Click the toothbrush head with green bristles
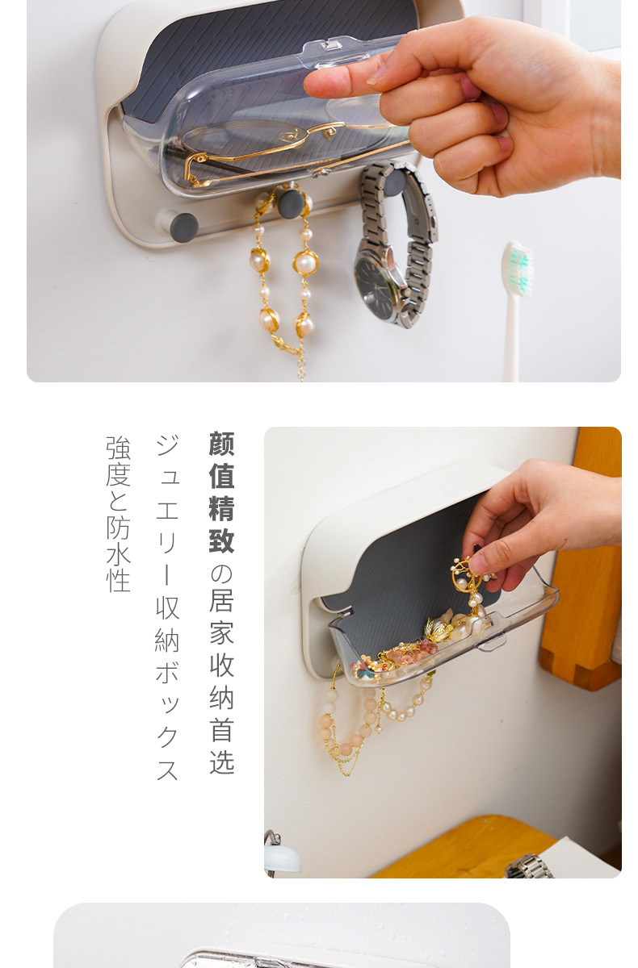point(518,269)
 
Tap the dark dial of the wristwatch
point(375,290)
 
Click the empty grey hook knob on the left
point(184,227)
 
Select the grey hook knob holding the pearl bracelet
point(290,203)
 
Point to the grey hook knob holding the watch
point(394,182)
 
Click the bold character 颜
point(222,444)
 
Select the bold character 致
point(222,540)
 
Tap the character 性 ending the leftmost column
point(118,579)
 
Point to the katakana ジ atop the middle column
point(167,445)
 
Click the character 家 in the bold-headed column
point(222,632)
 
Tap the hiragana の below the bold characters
point(222,574)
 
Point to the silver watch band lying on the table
point(528,866)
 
